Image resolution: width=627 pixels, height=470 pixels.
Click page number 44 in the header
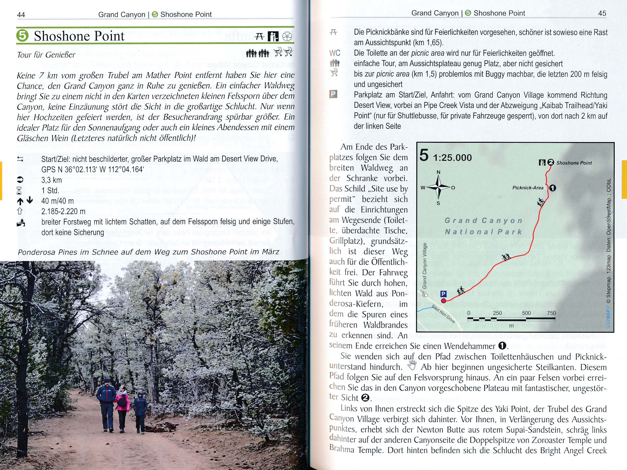click(x=21, y=15)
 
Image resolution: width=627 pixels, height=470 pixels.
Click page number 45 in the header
click(x=602, y=13)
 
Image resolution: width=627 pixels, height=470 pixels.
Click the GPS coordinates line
click(x=93, y=169)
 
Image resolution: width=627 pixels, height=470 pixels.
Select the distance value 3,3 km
click(x=52, y=180)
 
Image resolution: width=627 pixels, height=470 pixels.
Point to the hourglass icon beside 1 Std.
click(x=19, y=191)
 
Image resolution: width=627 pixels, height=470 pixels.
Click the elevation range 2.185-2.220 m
click(x=63, y=211)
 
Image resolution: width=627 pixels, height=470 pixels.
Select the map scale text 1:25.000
click(x=453, y=158)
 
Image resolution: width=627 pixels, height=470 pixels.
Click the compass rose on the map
click(x=438, y=187)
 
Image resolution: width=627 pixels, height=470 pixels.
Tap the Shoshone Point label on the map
click(x=574, y=163)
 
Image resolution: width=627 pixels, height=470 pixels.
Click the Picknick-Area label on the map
click(x=528, y=188)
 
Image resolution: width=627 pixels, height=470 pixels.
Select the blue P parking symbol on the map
click(x=443, y=294)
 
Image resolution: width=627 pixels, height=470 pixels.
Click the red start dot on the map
click(x=443, y=301)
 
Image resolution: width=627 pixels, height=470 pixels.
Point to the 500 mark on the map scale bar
click(x=526, y=313)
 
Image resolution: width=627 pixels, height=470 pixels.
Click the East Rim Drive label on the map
click(x=443, y=314)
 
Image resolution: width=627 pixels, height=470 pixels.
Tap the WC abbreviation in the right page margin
click(x=335, y=53)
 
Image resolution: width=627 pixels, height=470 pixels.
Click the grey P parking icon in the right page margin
click(x=333, y=94)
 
